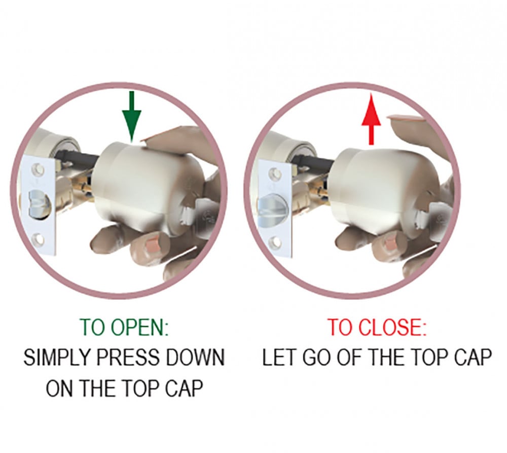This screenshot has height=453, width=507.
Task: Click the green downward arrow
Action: pos(131,117)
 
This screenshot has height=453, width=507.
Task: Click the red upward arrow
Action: pos(371,119)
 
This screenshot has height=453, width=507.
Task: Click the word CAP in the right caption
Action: pos(473,358)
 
